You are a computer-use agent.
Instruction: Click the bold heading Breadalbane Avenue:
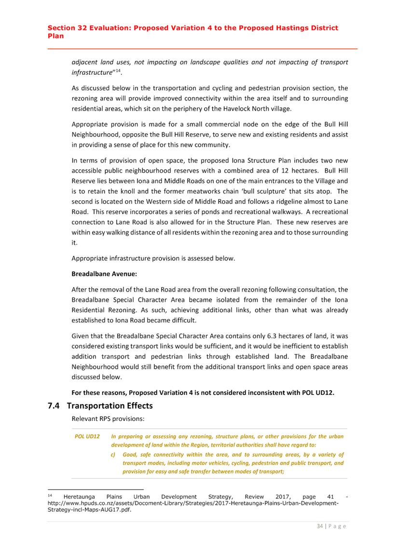104,274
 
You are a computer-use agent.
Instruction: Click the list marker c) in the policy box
114,455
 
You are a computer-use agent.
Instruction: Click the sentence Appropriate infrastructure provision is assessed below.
153,258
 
